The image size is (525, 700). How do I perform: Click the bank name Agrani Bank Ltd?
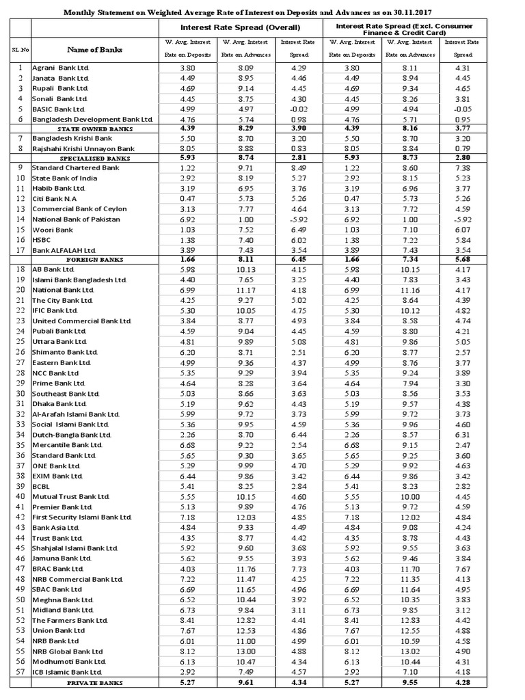[x=61, y=68]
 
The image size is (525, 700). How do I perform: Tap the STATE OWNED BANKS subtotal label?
[x=94, y=129]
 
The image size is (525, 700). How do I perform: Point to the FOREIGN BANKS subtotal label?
[x=94, y=260]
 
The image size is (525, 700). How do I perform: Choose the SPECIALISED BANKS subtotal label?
[x=94, y=158]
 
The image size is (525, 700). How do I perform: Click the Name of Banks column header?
[x=94, y=49]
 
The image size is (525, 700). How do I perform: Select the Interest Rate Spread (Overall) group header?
[x=240, y=27]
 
